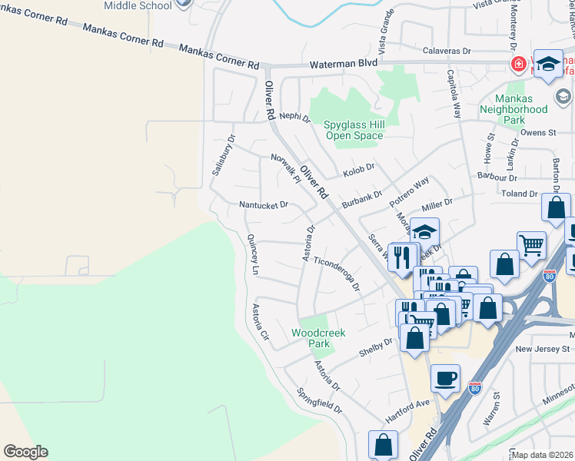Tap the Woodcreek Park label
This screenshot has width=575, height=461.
[318, 338]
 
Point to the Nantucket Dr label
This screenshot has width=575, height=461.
[263, 205]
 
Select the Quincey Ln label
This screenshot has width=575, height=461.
[252, 254]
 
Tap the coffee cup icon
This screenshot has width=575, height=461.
[446, 377]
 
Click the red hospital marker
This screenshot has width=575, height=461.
[519, 64]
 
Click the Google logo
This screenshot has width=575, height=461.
[25, 452]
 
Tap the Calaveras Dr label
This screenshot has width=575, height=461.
[447, 51]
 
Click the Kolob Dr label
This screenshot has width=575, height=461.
[358, 167]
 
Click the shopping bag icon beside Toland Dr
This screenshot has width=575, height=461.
[555, 207]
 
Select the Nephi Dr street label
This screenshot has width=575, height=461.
[294, 118]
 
